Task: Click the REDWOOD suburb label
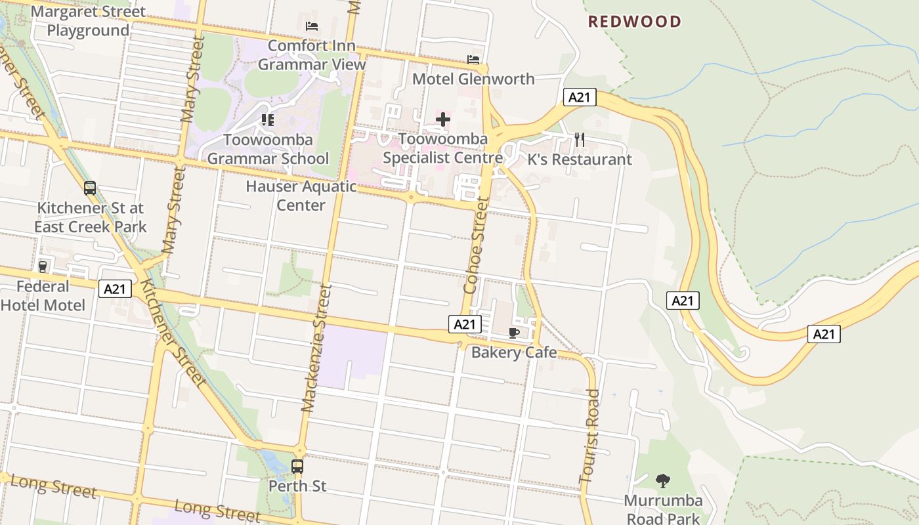pyautogui.click(x=634, y=22)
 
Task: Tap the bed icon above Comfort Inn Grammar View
pyautogui.click(x=312, y=26)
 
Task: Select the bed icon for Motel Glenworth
pyautogui.click(x=473, y=60)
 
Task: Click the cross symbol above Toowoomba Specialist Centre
pyautogui.click(x=443, y=119)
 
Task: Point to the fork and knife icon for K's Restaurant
pyautogui.click(x=579, y=139)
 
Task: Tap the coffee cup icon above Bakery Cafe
pyautogui.click(x=514, y=333)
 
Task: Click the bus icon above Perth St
pyautogui.click(x=297, y=467)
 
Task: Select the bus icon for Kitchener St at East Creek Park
pyautogui.click(x=90, y=188)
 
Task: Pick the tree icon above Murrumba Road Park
pyautogui.click(x=663, y=481)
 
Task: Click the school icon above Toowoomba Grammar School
pyautogui.click(x=267, y=119)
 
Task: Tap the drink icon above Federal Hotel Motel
pyautogui.click(x=43, y=266)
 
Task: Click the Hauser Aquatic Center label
pyautogui.click(x=301, y=196)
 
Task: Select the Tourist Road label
pyautogui.click(x=589, y=436)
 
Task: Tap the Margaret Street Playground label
pyautogui.click(x=88, y=21)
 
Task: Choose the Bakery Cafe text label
pyautogui.click(x=514, y=352)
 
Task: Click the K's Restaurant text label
pyautogui.click(x=580, y=159)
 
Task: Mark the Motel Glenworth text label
pyautogui.click(x=473, y=79)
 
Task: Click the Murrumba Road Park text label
pyautogui.click(x=663, y=509)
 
